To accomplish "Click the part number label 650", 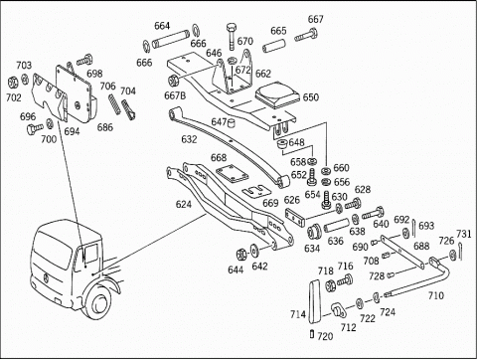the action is pyautogui.click(x=311, y=97).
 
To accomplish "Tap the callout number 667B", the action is pyautogui.click(x=175, y=95).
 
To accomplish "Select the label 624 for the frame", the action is pyautogui.click(x=184, y=204).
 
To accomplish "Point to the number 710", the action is pyautogui.click(x=435, y=295).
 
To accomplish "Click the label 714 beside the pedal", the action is pyautogui.click(x=298, y=314).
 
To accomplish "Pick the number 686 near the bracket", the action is pyautogui.click(x=105, y=127).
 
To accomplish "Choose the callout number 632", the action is pyautogui.click(x=189, y=139).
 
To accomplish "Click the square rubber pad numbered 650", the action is pyautogui.click(x=277, y=94).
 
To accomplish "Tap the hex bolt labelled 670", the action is pyautogui.click(x=232, y=37).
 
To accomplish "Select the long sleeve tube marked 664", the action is pyautogui.click(x=170, y=39).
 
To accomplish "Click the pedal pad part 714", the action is pyautogui.click(x=315, y=301).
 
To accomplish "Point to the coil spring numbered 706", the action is pyautogui.click(x=114, y=104).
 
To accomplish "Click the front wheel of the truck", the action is pyautogui.click(x=99, y=304).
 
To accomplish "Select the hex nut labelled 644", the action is pyautogui.click(x=241, y=255).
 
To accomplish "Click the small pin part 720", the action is pyautogui.click(x=312, y=334).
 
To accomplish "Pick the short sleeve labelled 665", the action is pyautogui.click(x=273, y=46).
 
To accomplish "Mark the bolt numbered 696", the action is pyautogui.click(x=35, y=128).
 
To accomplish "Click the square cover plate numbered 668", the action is pyautogui.click(x=232, y=174).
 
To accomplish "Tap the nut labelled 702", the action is pyautogui.click(x=13, y=82).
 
